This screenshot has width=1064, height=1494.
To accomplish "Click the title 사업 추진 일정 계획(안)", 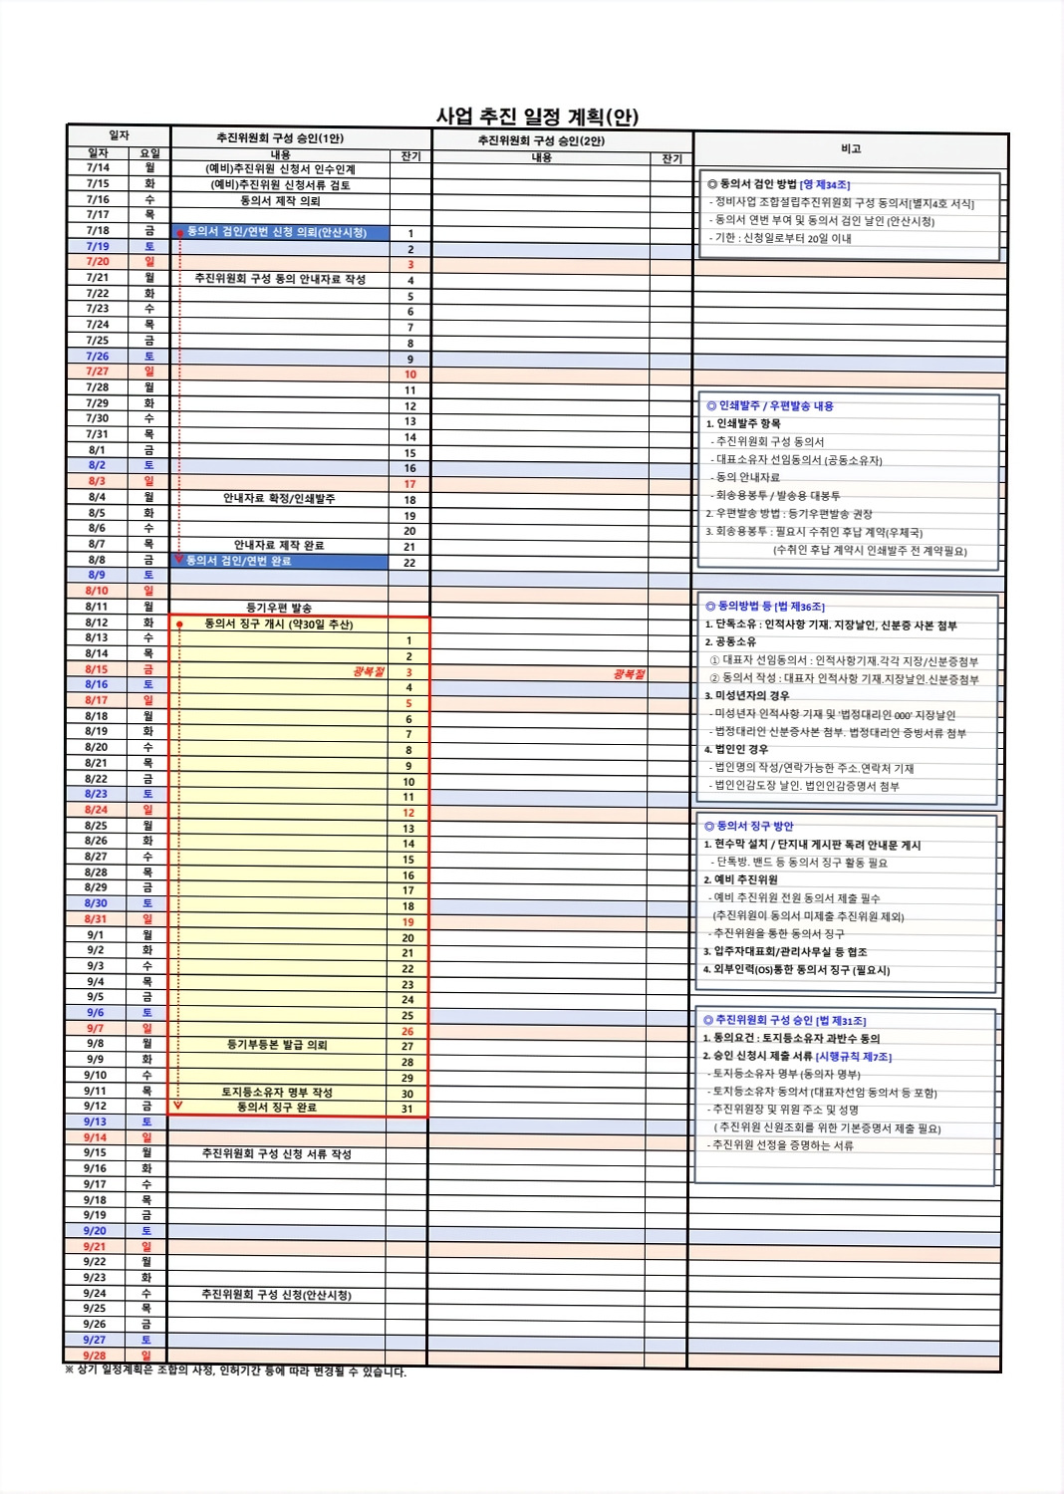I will [x=537, y=117].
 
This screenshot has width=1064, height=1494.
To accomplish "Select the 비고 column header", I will [x=850, y=149].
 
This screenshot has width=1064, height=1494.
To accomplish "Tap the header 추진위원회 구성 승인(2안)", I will [x=541, y=140].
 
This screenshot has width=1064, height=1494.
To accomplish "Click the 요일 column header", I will [x=149, y=153].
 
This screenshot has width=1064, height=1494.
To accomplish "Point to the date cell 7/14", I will [x=98, y=168].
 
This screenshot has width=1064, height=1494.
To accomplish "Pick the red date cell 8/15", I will [x=97, y=669].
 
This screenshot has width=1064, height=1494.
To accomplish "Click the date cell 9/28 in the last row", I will [x=95, y=1356].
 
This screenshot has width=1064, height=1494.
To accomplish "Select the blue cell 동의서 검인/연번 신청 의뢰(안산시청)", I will [x=277, y=232].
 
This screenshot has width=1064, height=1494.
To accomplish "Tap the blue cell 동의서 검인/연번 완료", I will [x=239, y=561].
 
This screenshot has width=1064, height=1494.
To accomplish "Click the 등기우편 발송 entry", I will [x=279, y=608].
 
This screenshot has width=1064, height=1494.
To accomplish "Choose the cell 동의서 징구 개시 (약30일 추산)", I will [x=279, y=624].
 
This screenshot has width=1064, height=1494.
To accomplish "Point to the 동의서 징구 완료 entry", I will [x=276, y=1107].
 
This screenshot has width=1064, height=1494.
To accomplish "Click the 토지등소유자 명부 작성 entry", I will [x=277, y=1092].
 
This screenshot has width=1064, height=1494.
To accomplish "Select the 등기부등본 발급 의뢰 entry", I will [x=277, y=1045].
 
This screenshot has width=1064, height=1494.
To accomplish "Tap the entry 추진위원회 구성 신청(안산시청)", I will [x=276, y=1295].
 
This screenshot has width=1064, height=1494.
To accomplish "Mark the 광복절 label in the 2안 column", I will [x=629, y=674].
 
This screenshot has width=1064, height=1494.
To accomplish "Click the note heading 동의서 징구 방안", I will [x=755, y=826].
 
